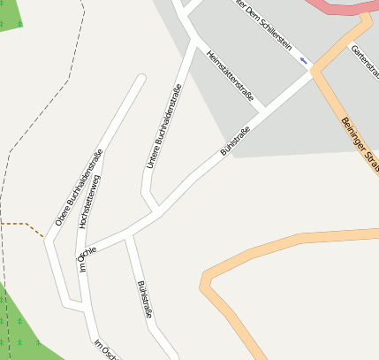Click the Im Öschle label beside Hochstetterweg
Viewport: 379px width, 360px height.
click(86, 257)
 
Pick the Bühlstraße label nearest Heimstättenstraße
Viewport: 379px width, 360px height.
click(234, 142)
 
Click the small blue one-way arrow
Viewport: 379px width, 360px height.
click(305, 60)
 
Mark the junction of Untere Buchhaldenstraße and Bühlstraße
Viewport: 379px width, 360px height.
click(157, 211)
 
